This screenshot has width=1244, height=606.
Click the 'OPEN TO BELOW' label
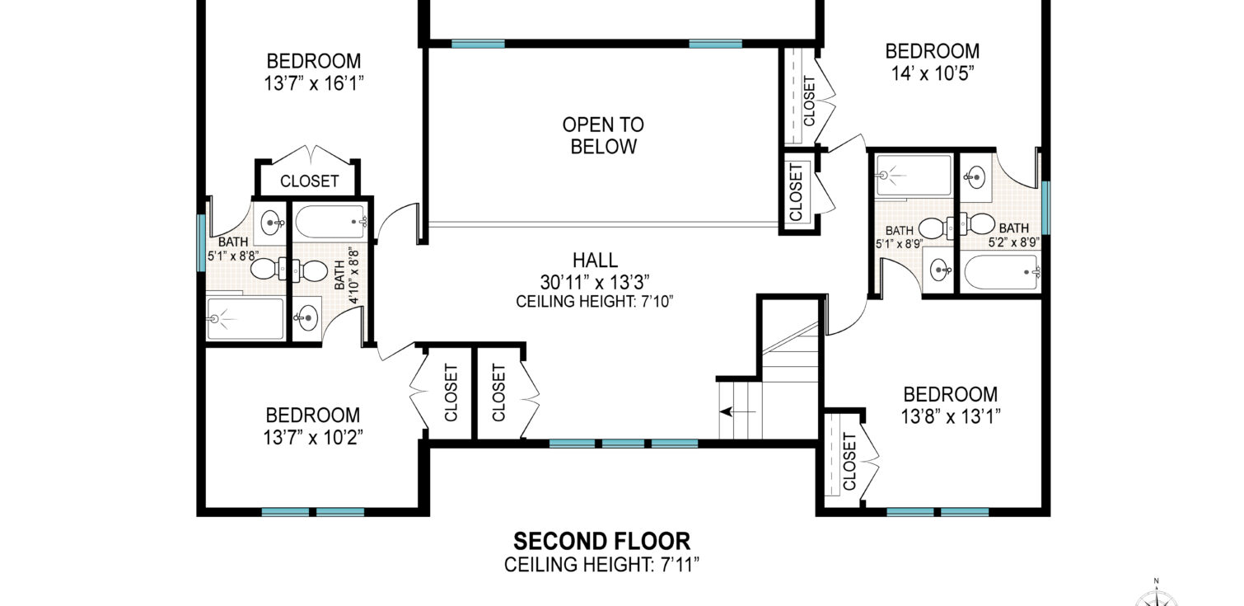603,135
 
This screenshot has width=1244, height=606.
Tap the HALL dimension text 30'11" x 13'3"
595,283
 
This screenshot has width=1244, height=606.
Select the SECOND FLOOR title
601,541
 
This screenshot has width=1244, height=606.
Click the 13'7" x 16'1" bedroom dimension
314,83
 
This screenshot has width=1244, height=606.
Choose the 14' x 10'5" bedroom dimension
933,73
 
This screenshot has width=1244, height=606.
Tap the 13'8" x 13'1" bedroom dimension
951,416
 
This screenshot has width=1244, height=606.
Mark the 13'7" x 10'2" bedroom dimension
313,438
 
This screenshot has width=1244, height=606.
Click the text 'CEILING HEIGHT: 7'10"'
595,301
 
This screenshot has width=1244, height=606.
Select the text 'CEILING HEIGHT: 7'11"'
601,565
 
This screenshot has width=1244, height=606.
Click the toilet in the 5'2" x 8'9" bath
975,224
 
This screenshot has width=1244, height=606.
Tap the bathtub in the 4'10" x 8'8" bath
331,222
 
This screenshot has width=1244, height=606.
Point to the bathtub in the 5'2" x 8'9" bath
1002,272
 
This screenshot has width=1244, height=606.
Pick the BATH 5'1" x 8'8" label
233,249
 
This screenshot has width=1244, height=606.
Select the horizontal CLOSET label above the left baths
309,181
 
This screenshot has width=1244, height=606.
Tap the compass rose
1156,599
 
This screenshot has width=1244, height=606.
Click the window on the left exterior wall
202,243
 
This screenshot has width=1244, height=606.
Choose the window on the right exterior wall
1045,208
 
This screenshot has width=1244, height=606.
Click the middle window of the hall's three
623,444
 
